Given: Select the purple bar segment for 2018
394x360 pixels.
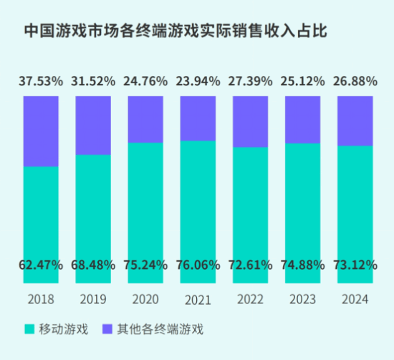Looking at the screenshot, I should click(x=41, y=131).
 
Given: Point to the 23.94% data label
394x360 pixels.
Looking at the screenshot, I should click(x=198, y=81).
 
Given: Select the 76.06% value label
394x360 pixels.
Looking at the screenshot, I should click(x=198, y=265).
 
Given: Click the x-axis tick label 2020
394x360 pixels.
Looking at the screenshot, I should click(x=145, y=298).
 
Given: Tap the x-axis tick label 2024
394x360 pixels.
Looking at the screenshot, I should click(x=355, y=298).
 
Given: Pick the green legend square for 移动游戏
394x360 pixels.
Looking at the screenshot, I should click(x=29, y=329).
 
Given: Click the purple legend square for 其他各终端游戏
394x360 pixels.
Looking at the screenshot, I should click(x=107, y=329).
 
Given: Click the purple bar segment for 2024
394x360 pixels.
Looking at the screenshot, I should click(x=355, y=120).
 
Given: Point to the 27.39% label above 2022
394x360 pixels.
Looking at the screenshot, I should click(x=250, y=81).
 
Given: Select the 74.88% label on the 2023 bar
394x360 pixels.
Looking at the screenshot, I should click(x=302, y=265).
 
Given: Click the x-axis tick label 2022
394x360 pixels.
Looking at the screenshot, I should click(x=250, y=298).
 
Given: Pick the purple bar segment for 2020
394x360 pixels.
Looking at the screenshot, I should click(x=145, y=119).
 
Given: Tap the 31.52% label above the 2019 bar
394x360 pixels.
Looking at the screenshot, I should click(x=93, y=81).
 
